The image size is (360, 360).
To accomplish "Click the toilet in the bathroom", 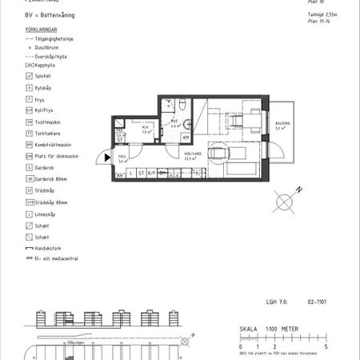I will click(183, 105).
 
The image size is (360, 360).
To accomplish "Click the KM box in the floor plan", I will click(186, 137).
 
